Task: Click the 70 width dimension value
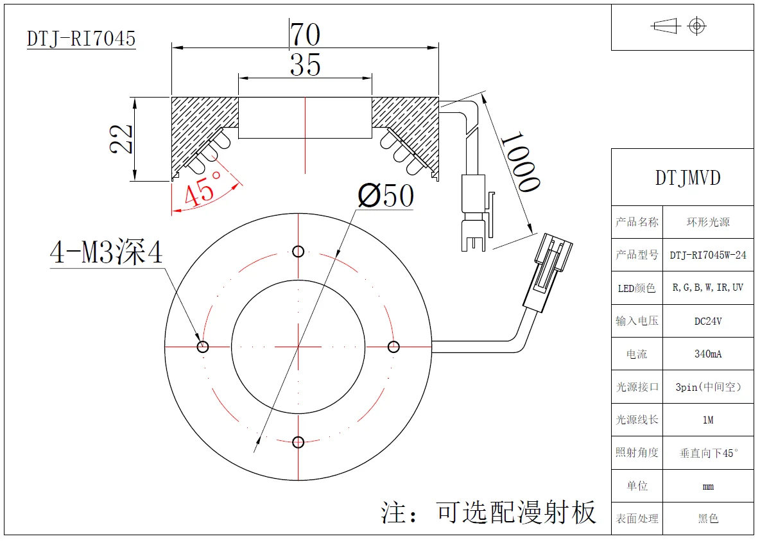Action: click(305, 34)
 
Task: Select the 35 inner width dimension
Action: click(305, 65)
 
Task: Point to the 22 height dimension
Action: click(121, 139)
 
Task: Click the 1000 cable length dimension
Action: click(519, 162)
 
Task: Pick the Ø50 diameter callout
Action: click(386, 196)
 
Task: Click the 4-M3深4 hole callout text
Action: click(107, 253)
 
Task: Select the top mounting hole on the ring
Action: click(298, 251)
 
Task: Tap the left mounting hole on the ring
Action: click(203, 347)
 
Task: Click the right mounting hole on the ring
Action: click(393, 347)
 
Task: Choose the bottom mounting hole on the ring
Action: click(298, 442)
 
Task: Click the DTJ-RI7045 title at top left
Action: click(81, 39)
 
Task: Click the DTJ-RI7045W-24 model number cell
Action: click(708, 255)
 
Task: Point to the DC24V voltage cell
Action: click(708, 321)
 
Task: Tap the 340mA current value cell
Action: click(708, 354)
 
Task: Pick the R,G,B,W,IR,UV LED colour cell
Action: click(708, 288)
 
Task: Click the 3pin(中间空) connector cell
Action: click(708, 387)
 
